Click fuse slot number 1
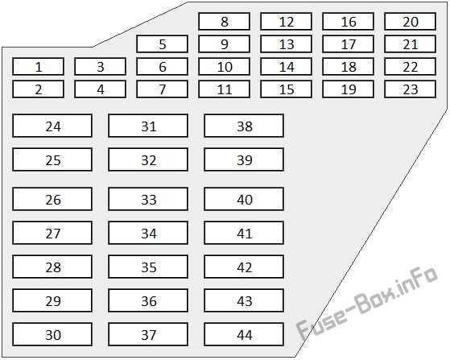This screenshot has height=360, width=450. coord(38,67)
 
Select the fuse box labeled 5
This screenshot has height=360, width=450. coord(162,44)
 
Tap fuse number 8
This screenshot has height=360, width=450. coord(224,21)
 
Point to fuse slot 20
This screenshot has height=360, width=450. coord(410,21)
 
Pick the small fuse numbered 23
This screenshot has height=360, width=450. coord(410,89)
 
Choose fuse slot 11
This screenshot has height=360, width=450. coord(224,89)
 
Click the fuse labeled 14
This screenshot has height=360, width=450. coord(286,67)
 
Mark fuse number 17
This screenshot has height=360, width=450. coord(348,44)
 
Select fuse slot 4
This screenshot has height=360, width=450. coord(100,89)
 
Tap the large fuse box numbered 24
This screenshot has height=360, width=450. coord(52,126)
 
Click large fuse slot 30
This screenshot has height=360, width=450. coord(52,334)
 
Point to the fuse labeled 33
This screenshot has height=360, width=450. coord(148,199)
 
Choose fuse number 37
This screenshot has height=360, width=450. coord(148,334)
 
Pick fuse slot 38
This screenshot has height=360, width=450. coord(244,126)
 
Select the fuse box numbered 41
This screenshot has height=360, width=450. coord(244,233)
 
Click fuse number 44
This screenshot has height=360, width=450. coord(244,334)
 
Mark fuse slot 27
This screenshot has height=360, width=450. coord(52,233)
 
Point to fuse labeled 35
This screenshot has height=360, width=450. coord(148,267)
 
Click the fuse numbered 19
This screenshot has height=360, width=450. coord(348,89)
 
